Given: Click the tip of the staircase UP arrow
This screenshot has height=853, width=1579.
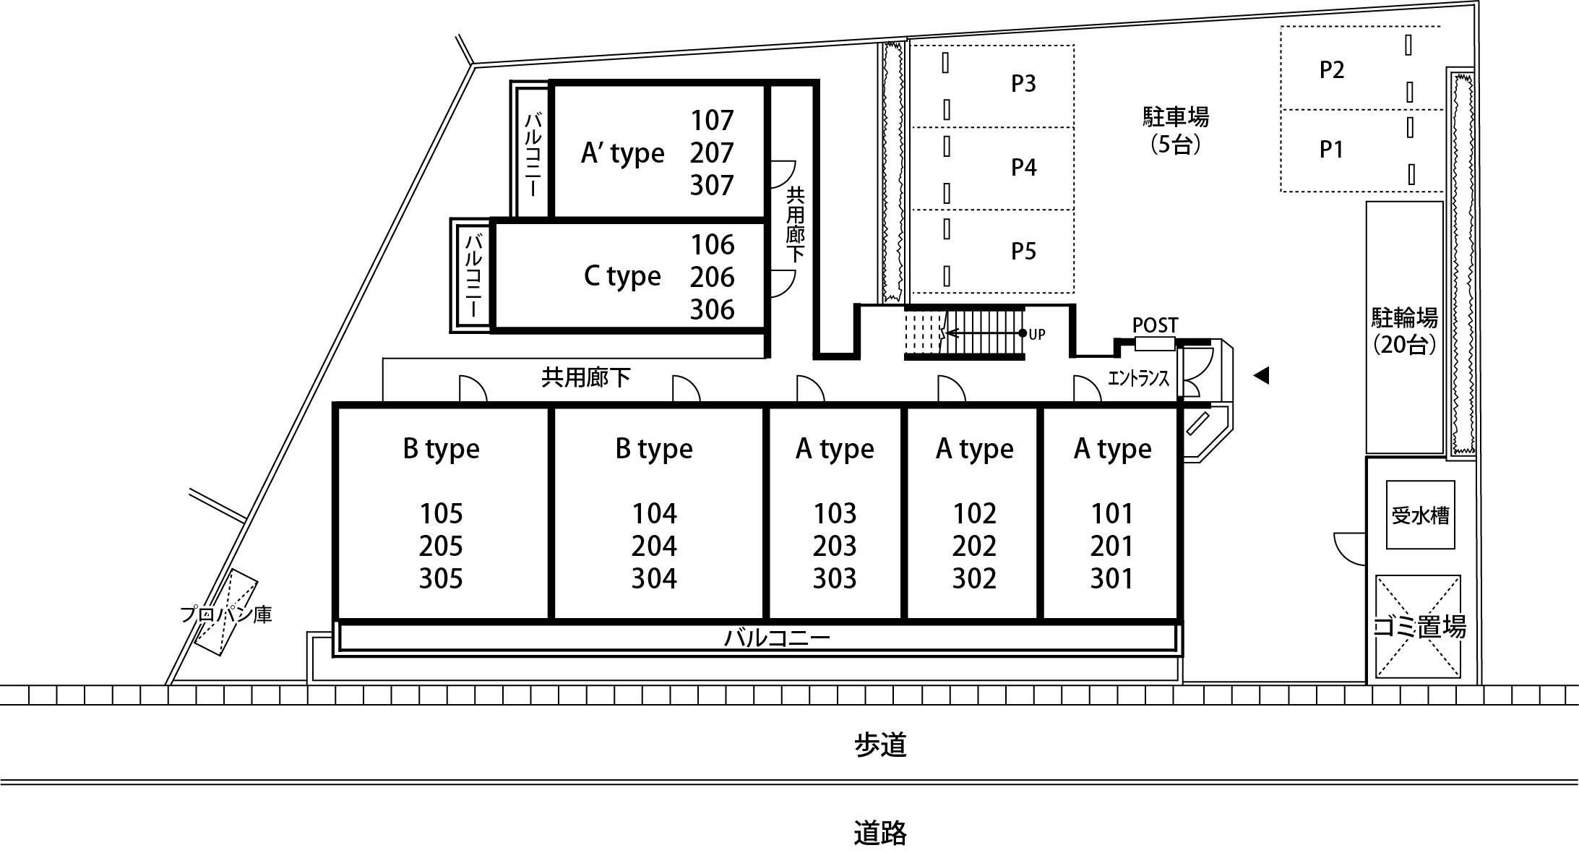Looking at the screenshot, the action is coord(947,333).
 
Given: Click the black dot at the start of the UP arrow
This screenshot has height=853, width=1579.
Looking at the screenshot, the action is coord(1023,333).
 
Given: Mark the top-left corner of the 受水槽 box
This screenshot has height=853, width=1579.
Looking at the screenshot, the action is coord(1387,481).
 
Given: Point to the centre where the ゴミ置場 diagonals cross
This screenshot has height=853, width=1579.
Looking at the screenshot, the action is coord(1418,627).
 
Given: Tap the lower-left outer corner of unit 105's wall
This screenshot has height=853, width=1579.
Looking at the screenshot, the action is coord(334,656).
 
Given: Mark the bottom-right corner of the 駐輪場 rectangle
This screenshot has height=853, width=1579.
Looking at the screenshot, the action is coord(1443,454).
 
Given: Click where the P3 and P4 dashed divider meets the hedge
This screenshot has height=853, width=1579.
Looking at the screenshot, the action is coord(909,128).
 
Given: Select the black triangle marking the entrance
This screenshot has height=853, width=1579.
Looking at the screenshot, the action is coord(1261,375).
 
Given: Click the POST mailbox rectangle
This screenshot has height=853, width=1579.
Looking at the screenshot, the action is coord(1155,344).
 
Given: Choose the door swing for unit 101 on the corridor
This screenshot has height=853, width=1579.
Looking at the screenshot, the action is coord(1087,389).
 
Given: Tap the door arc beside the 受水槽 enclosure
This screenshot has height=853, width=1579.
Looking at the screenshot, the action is coord(1349,549).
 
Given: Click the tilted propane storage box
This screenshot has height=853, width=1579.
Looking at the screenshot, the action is coord(225,614).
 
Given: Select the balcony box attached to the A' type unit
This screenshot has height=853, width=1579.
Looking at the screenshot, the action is coord(533,152).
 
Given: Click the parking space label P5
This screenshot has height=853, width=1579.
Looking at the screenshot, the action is coord(1023,251).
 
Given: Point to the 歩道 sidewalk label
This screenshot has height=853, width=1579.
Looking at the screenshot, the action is coord(880,745).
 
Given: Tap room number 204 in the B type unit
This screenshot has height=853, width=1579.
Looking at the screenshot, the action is coord(654,546).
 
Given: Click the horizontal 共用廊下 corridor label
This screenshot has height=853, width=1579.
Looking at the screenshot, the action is coord(585,377).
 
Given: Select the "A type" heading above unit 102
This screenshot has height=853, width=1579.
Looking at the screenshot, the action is coord(974,450).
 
